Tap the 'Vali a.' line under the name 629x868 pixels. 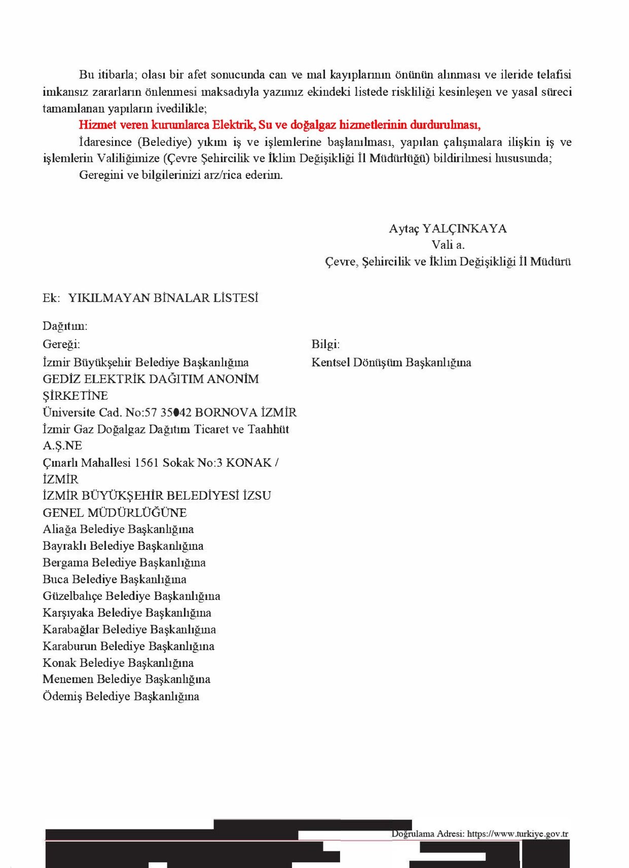[x=448, y=245]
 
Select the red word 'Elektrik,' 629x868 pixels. [x=234, y=125]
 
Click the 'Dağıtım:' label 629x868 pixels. [x=65, y=326]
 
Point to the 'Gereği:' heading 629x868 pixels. [x=61, y=345]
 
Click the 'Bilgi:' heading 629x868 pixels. [x=325, y=345]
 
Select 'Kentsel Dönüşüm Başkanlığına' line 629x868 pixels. [x=391, y=363]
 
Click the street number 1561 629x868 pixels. [x=146, y=463]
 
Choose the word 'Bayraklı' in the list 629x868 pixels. [x=64, y=546]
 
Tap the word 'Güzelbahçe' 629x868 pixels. [x=72, y=596]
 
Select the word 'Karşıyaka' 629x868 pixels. [x=68, y=613]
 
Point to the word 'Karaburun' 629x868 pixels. [x=70, y=647]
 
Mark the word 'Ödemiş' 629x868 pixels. [x=62, y=697]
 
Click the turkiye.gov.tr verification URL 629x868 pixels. [x=517, y=834]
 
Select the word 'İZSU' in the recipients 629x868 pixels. [x=256, y=496]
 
